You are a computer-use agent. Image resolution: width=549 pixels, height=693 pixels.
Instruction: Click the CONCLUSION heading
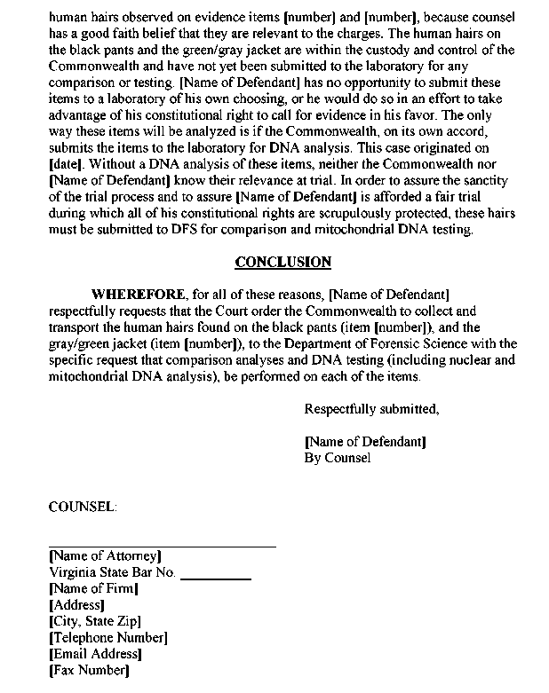(282, 262)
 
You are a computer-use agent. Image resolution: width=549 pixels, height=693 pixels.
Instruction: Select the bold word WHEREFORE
(138, 294)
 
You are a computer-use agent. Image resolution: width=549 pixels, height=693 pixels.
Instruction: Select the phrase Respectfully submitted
(371, 409)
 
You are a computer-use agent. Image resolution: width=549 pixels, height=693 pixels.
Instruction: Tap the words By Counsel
(337, 458)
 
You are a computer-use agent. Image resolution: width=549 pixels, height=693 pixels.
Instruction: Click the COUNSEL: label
(82, 506)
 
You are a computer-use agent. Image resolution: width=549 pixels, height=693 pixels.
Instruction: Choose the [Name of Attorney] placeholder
(105, 556)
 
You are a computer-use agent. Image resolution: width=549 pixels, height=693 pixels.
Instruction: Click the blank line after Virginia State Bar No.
(216, 578)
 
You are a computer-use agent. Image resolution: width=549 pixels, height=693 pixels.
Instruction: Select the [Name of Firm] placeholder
(93, 588)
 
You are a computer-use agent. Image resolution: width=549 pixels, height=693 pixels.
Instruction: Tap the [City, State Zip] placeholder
(95, 621)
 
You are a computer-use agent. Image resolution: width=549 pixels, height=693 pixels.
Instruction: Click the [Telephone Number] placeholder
(107, 637)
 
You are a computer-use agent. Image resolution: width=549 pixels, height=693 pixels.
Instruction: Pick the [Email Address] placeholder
(95, 654)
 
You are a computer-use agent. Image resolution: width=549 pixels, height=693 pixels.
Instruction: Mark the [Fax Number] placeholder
(89, 670)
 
